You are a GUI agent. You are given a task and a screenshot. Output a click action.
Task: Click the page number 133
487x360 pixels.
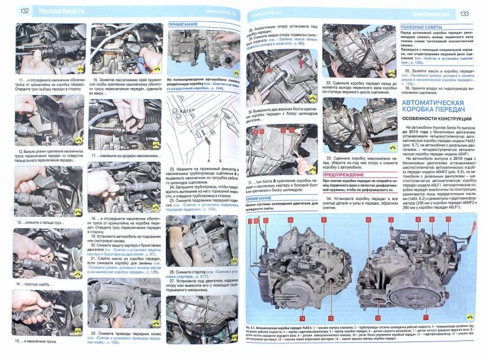[x=464, y=13]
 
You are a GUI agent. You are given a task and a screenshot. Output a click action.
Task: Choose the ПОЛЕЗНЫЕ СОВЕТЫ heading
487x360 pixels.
[x=419, y=27]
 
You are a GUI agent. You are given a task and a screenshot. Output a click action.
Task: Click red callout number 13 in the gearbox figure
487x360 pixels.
[x=330, y=318]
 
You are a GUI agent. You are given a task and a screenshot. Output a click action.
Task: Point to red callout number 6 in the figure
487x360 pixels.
[x=368, y=220]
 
